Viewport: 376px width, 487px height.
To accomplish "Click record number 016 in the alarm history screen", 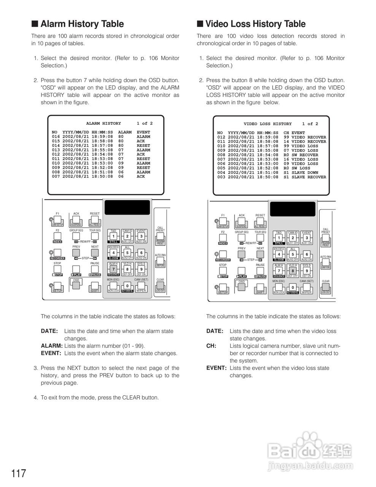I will [x=56, y=137].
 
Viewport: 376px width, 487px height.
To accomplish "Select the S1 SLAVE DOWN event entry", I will [x=301, y=173].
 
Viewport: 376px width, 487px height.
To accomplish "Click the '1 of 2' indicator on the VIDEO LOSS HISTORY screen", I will [x=310, y=124].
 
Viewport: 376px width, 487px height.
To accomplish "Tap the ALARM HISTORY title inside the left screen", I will [x=103, y=123].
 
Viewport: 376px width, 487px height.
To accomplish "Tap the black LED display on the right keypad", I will [x=292, y=208].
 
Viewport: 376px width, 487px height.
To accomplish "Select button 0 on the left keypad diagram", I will [x=127, y=286].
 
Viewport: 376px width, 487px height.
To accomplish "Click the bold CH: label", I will [x=211, y=346].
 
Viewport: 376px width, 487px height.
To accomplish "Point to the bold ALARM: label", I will [x=52, y=346].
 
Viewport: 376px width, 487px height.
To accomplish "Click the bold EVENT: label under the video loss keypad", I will [x=216, y=368].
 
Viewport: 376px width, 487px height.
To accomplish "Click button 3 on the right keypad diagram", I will [x=306, y=238].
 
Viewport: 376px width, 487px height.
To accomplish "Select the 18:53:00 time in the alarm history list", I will [x=102, y=163].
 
